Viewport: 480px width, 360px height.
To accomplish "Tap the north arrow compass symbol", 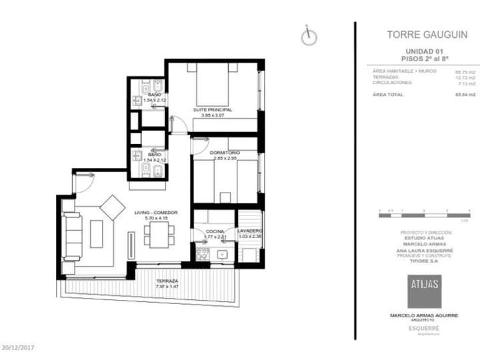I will (x=308, y=37).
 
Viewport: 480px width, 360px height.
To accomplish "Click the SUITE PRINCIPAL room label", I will (x=213, y=109).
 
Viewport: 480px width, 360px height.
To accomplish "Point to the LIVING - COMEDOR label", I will (x=155, y=213).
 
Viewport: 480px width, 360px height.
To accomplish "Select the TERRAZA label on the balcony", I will (x=167, y=281).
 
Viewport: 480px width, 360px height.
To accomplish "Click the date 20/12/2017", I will (x=18, y=347).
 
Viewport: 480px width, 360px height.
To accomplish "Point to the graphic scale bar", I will (x=424, y=211).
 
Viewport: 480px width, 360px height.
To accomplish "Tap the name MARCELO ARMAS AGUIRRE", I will (x=424, y=315).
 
